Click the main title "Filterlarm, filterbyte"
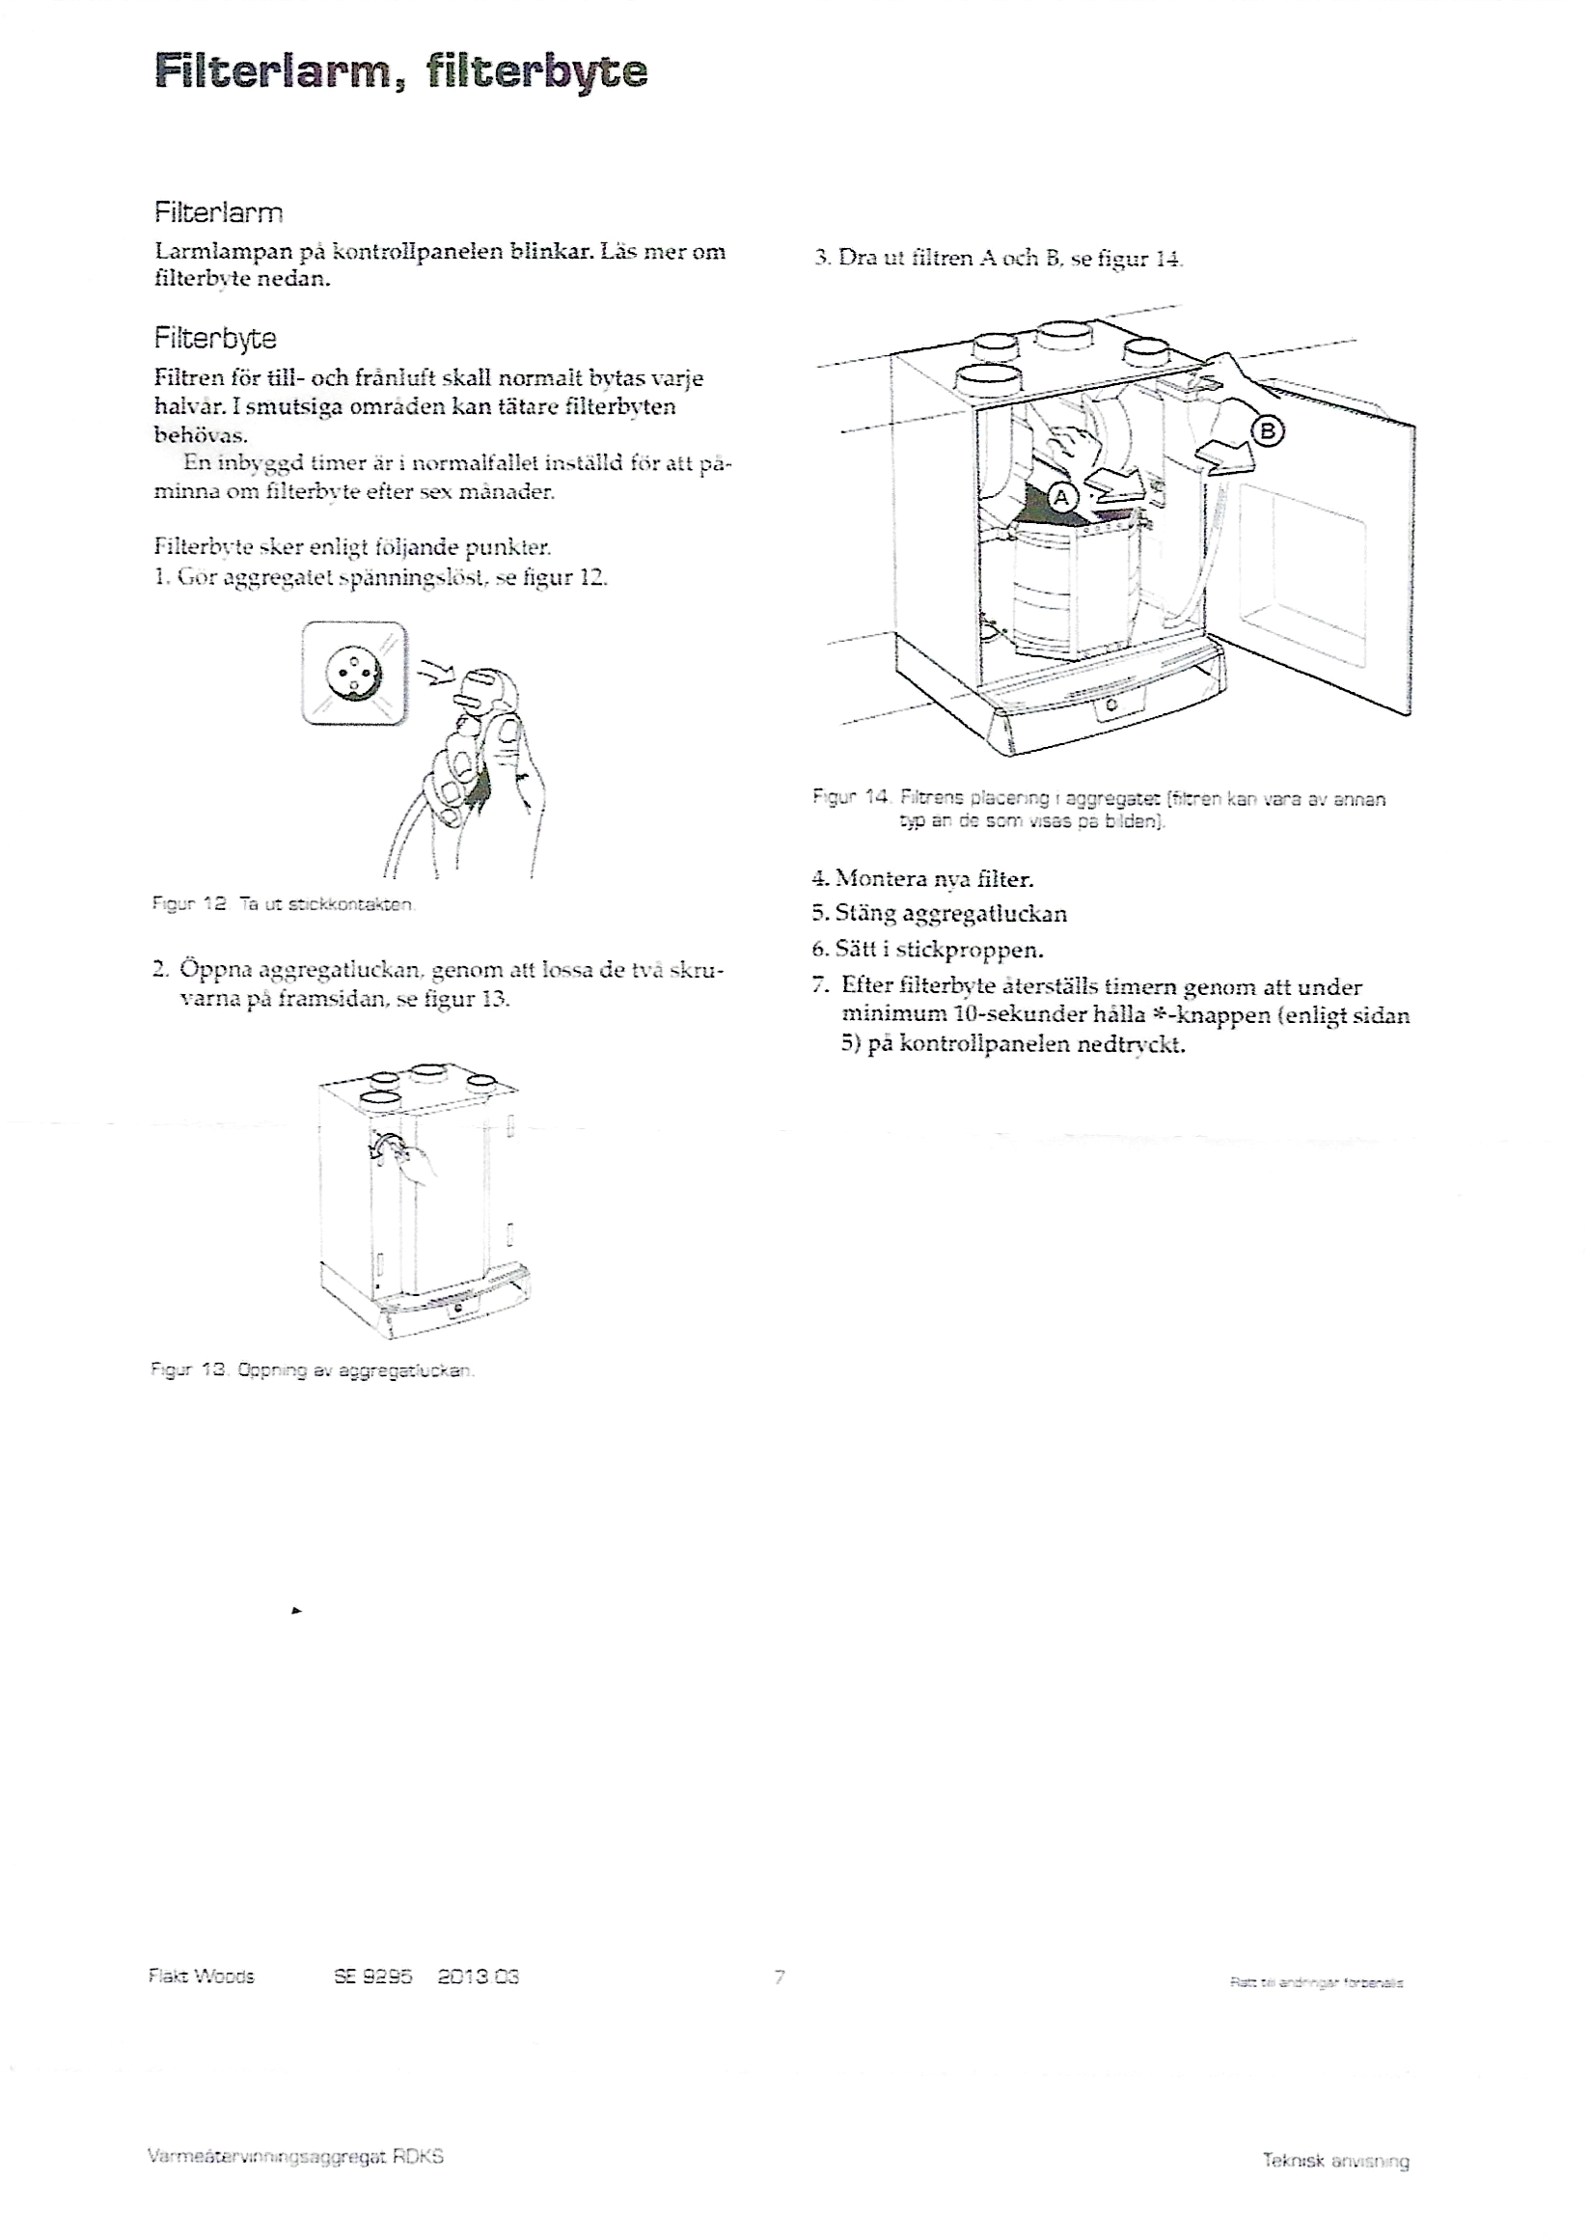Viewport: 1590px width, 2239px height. coord(400,72)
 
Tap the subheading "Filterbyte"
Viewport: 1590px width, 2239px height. coord(215,339)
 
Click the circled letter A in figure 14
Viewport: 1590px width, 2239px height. coord(1060,499)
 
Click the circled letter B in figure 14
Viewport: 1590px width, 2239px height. coord(1267,431)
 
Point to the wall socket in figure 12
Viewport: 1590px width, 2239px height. coord(353,673)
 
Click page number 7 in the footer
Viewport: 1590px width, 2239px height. coord(780,1976)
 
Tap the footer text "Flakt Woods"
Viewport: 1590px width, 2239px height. coord(201,1976)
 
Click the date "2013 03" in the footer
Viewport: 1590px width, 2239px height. coord(478,1976)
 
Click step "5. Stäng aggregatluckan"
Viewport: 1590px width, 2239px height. coord(939,914)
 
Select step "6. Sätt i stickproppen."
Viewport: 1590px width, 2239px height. coord(927,949)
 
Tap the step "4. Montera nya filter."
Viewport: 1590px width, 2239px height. coord(922,878)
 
